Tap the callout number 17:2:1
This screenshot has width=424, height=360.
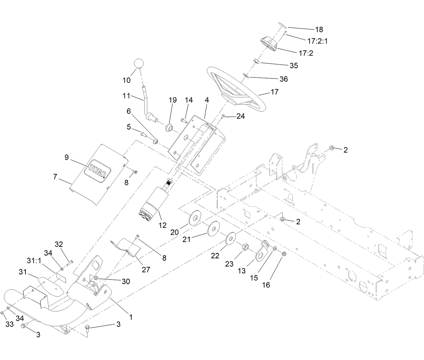point(317,41)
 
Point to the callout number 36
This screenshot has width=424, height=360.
point(284,79)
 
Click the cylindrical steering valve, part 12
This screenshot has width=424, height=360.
point(154,202)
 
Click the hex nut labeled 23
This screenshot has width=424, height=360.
point(246,248)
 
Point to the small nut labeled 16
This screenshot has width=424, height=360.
point(283,254)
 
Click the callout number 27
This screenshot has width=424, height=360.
point(146,269)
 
